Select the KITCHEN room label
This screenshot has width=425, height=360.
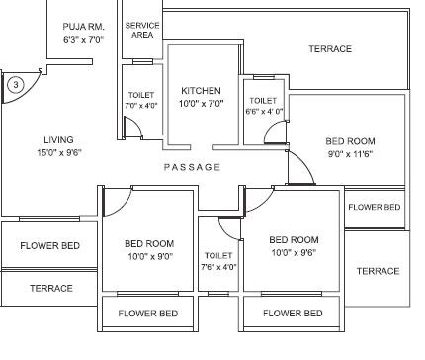(x=201, y=89)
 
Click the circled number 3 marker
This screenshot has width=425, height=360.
(x=15, y=85)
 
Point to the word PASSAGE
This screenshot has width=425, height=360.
(x=193, y=167)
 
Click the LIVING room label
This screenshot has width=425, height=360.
(x=58, y=140)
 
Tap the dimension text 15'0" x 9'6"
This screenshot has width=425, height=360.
(x=59, y=153)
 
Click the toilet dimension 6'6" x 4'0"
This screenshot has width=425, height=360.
(x=265, y=112)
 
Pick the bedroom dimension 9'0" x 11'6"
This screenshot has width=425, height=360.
(x=350, y=154)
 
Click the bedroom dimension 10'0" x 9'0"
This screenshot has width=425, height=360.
(x=149, y=255)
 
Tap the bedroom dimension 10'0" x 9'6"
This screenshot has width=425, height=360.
(x=295, y=252)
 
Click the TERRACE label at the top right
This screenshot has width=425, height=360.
(x=330, y=49)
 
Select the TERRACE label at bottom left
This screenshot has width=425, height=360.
(x=50, y=288)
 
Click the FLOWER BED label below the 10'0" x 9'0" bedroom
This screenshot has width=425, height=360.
(x=148, y=314)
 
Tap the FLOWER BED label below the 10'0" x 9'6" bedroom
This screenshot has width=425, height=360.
(x=293, y=314)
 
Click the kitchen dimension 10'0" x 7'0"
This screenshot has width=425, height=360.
(x=201, y=103)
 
